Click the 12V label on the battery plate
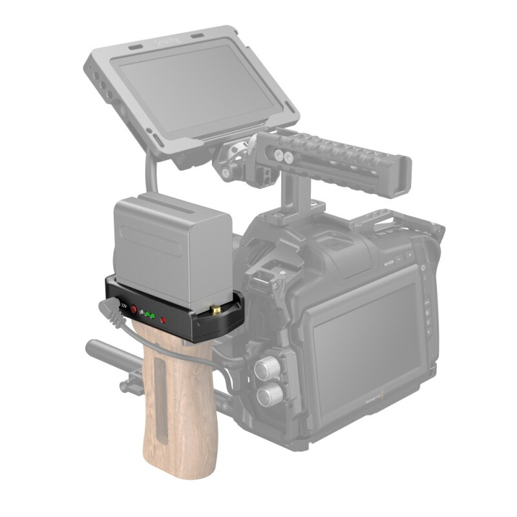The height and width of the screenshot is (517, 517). tap(124, 306)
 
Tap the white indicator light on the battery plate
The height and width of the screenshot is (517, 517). tap(141, 312)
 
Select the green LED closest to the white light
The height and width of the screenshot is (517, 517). tap(147, 314)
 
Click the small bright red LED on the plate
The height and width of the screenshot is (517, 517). tap(163, 320)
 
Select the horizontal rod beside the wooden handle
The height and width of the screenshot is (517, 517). tap(110, 353)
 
